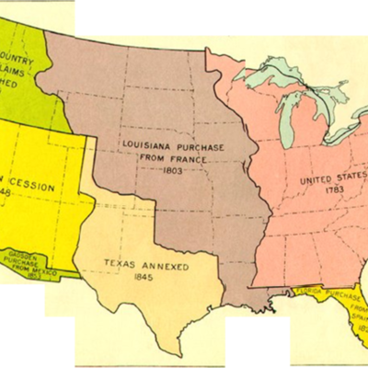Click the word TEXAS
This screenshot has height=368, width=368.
115,266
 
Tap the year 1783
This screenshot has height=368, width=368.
335,192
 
